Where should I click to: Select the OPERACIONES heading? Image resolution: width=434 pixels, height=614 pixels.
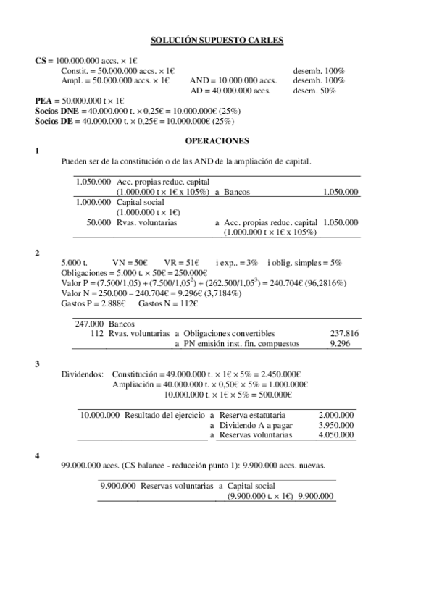(x=217, y=141)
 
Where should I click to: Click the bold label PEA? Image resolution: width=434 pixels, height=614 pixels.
(x=43, y=100)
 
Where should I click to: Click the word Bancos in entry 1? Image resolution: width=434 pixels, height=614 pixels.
(x=236, y=192)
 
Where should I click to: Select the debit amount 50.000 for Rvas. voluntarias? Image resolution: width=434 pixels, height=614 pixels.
(x=99, y=222)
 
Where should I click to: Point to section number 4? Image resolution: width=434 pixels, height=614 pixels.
(x=38, y=455)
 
